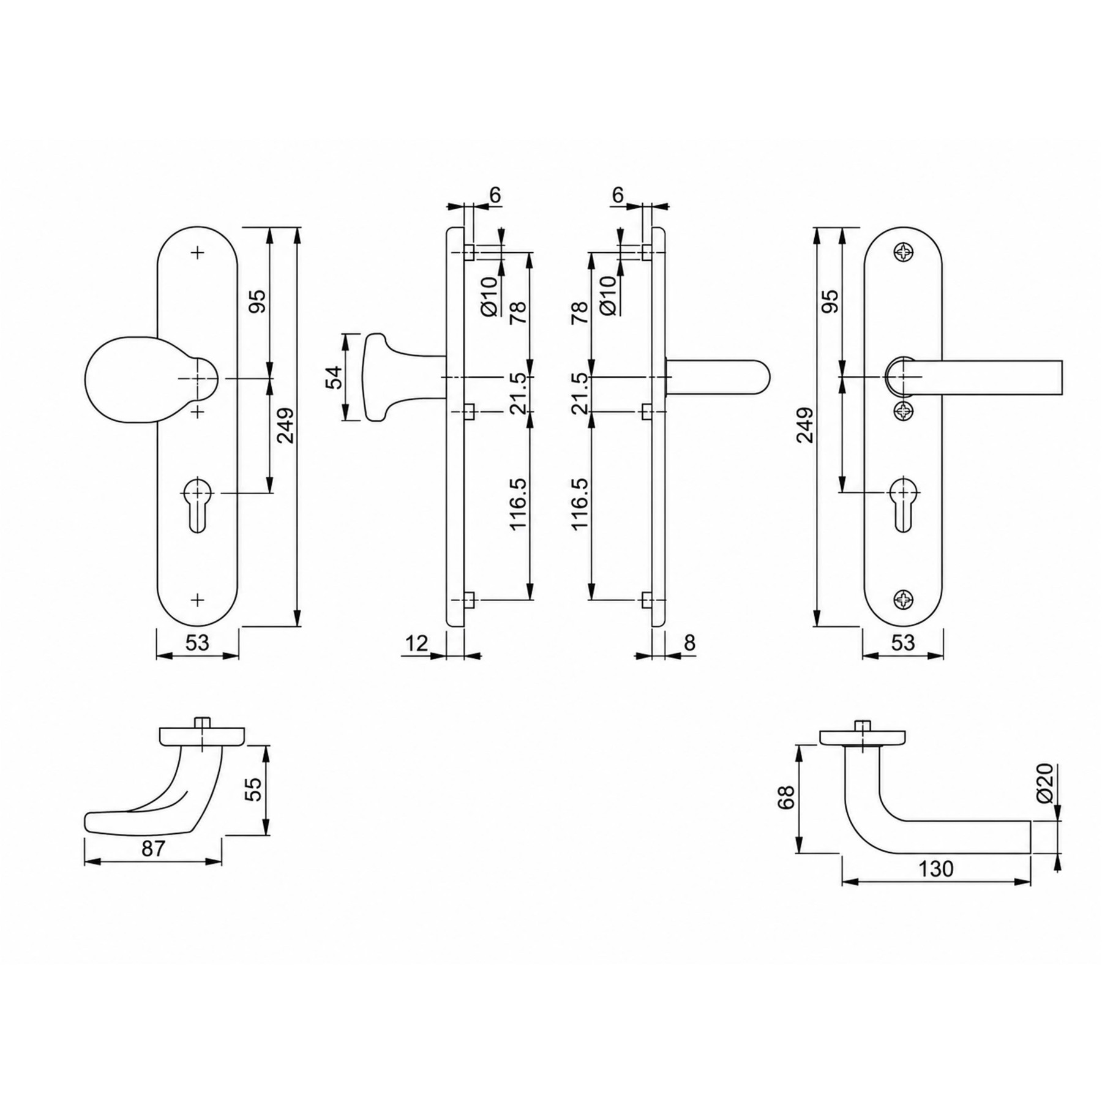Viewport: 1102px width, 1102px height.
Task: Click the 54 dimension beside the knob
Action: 333,377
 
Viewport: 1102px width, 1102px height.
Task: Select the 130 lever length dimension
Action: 936,868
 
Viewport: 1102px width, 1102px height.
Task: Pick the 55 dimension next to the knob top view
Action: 253,789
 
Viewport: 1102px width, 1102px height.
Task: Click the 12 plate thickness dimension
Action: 416,643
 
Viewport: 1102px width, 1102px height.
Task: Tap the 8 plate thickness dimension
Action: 689,643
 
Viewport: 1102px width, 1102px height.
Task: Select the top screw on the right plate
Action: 904,252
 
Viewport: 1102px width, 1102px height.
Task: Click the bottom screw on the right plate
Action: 904,600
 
